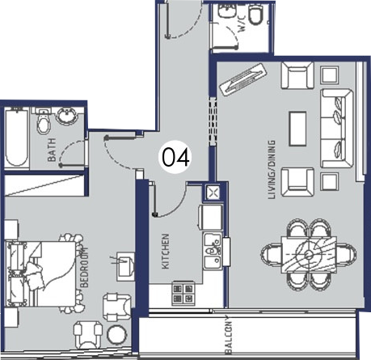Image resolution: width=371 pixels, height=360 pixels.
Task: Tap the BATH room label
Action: point(52,150)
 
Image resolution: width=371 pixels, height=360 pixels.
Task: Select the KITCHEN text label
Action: point(166,252)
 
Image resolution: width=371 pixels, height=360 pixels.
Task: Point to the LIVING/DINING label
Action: point(272,170)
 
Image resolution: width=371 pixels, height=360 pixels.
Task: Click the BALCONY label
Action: point(229,335)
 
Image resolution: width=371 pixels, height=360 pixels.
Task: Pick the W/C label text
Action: point(242,23)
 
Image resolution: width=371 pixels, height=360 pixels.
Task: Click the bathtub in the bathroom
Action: point(17,138)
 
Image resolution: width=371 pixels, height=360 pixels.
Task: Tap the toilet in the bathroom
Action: point(44,121)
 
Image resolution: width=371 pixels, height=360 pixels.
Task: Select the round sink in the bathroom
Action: point(67,116)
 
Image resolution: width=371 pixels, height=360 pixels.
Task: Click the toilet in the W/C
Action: point(256,15)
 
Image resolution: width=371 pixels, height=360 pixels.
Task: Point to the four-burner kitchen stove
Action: point(183,294)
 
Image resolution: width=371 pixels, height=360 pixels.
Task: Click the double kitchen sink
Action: point(213,251)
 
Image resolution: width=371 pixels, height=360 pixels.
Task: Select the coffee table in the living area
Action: point(297,129)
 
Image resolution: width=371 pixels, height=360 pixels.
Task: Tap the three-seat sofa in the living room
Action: point(336,129)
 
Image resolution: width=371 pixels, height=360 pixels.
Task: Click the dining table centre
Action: point(309,254)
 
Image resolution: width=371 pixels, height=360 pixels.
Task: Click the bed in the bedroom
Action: point(40,273)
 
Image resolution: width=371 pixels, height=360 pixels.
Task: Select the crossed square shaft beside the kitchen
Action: point(213,193)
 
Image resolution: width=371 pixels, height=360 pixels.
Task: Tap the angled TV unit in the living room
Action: point(243,79)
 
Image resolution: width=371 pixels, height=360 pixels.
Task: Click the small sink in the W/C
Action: point(226,11)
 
